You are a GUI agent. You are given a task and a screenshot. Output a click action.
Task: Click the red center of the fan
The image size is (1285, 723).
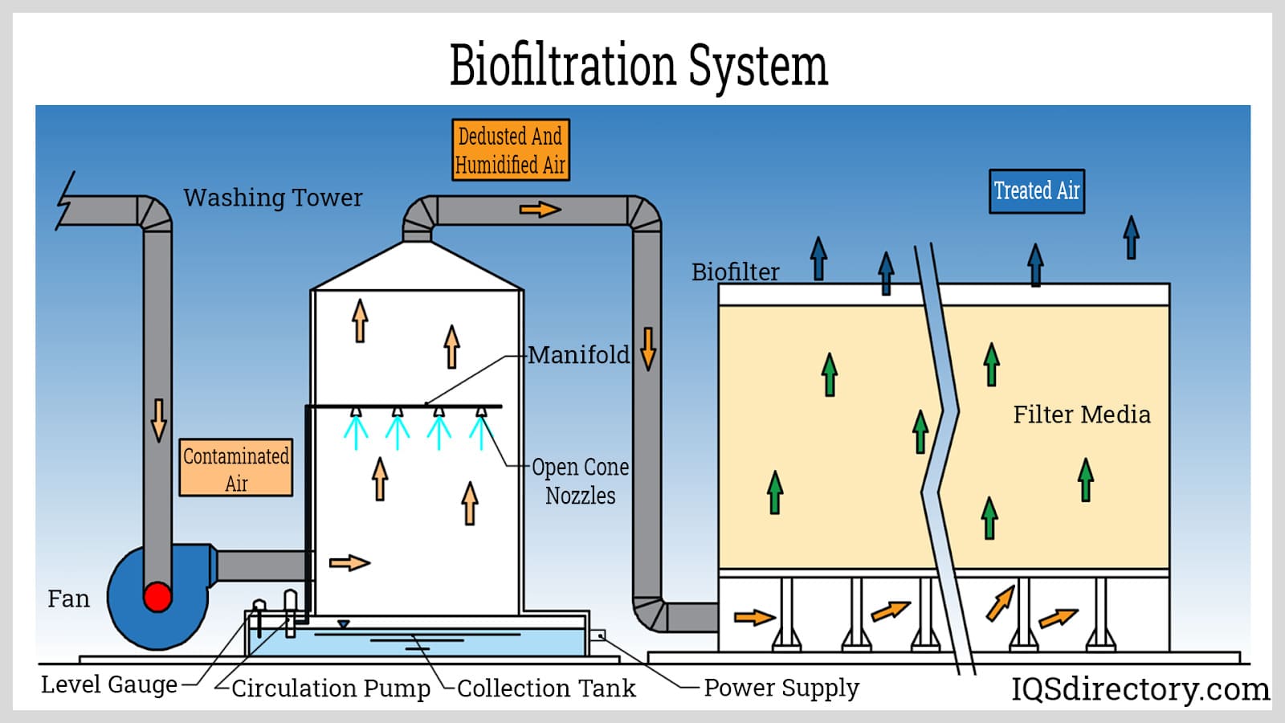pyautogui.click(x=157, y=597)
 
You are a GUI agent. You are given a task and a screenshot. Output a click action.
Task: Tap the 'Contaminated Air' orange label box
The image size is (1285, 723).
pyautogui.click(x=235, y=468)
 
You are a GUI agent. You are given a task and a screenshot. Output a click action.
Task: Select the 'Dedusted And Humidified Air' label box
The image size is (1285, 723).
pyautogui.click(x=510, y=150)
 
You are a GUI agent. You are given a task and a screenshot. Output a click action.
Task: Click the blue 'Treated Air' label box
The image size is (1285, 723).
pyautogui.click(x=1036, y=191)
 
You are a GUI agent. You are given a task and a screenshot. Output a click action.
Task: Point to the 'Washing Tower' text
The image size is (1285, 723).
pyautogui.click(x=273, y=198)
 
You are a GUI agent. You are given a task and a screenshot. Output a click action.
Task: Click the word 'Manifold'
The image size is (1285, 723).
pyautogui.click(x=578, y=354)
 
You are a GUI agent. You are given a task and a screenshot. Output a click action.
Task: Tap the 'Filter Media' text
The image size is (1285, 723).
pyautogui.click(x=1081, y=415)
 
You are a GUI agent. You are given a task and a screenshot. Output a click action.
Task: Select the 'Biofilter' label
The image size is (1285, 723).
pyautogui.click(x=735, y=272)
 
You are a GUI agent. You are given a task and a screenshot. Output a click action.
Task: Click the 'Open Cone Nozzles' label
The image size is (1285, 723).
pyautogui.click(x=580, y=480)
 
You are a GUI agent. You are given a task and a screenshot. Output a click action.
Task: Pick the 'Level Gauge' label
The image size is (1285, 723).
pyautogui.click(x=109, y=684)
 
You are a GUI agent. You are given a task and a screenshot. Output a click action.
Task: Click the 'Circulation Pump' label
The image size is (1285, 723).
pyautogui.click(x=330, y=688)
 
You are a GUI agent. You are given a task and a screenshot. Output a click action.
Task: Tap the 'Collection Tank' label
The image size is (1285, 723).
pyautogui.click(x=546, y=688)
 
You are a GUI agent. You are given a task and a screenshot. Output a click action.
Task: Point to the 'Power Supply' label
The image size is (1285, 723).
pyautogui.click(x=781, y=688)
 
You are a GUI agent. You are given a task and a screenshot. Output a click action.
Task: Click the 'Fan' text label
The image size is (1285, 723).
pyautogui.click(x=68, y=598)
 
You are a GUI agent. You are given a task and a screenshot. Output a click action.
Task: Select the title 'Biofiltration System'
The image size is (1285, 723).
pyautogui.click(x=638, y=65)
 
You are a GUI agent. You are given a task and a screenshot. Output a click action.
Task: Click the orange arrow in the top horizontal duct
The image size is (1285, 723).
pyautogui.click(x=540, y=210)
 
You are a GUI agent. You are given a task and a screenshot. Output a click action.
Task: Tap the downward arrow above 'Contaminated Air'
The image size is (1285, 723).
pyautogui.click(x=159, y=419)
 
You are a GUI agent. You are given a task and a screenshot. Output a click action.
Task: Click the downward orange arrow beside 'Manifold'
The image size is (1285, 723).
pyautogui.click(x=648, y=348)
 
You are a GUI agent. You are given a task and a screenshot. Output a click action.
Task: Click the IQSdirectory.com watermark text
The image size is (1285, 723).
pyautogui.click(x=1140, y=688)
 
